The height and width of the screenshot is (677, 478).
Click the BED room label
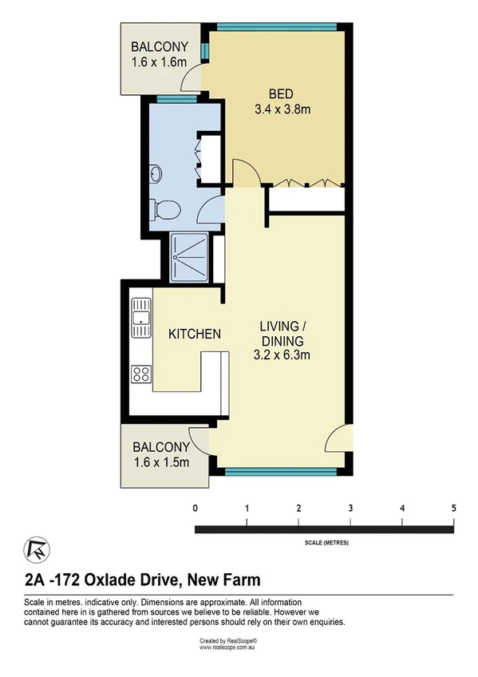pos(278,92)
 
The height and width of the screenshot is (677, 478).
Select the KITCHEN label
pos(194,334)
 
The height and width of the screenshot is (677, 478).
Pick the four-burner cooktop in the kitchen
pos(142,373)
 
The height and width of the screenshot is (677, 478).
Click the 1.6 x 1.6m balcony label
pos(160,53)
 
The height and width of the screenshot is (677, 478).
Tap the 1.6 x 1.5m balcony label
pos(161,455)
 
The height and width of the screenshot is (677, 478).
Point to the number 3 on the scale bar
pos(350,509)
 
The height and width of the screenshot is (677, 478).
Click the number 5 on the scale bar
pos(452,509)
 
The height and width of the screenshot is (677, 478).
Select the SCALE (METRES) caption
pos(326,543)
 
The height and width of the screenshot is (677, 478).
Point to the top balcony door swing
pos(192,78)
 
